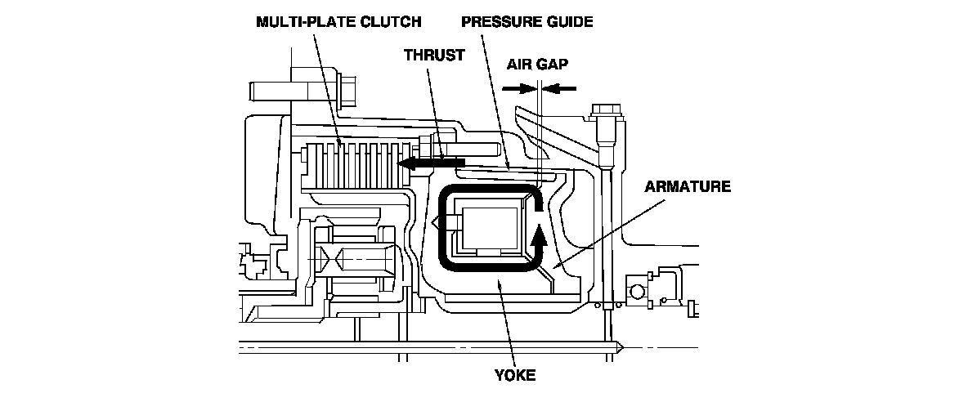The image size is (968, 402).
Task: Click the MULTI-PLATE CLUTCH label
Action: click(x=338, y=21)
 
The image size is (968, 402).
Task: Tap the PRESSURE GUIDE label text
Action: click(x=527, y=21)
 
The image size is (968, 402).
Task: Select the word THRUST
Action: click(x=434, y=55)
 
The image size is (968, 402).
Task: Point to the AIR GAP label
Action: click(x=537, y=64)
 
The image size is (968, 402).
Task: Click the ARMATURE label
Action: click(x=687, y=186)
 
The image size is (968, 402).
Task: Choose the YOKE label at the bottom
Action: click(x=515, y=375)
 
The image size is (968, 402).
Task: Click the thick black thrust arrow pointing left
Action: click(x=430, y=163)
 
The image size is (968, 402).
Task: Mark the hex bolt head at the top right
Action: click(x=604, y=113)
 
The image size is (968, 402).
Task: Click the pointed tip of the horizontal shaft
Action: click(x=621, y=348)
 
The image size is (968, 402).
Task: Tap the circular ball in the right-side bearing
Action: click(x=637, y=288)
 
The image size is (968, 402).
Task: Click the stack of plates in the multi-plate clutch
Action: click(x=356, y=164)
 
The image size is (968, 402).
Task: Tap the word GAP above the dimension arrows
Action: click(x=553, y=64)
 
